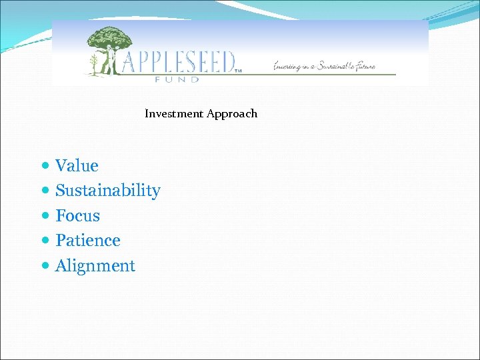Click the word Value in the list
[77, 166]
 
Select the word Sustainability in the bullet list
[107, 191]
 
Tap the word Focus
[77, 216]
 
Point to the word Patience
[87, 241]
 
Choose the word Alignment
[95, 266]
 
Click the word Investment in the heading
[174, 113]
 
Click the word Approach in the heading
[231, 113]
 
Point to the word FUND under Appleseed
[177, 79]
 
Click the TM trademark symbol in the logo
[238, 69]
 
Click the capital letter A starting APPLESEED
[127, 62]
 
